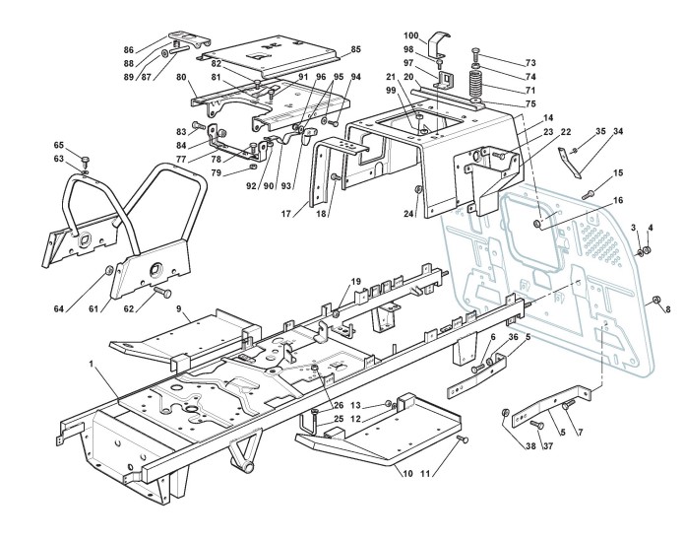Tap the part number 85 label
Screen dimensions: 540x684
pos(355,49)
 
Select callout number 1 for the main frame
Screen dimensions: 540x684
pos(91,365)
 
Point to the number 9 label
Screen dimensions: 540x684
pos(179,309)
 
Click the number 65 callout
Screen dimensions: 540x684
pos(58,145)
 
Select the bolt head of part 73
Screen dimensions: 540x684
pos(474,49)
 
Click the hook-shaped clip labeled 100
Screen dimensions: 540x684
pos(440,42)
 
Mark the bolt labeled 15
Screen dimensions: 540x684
pos(588,194)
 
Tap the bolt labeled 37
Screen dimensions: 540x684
pos(536,424)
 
